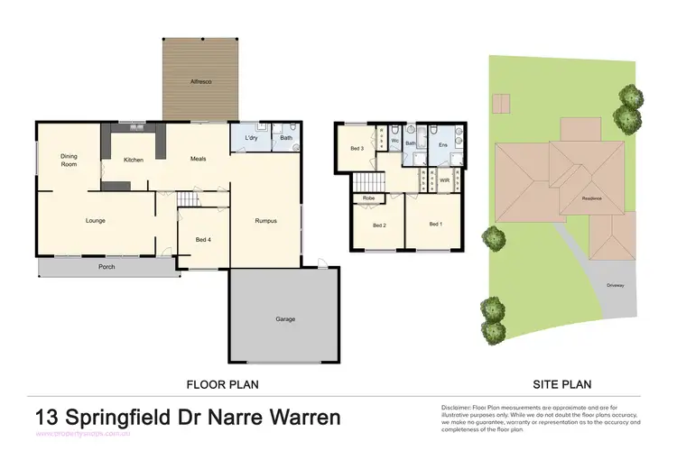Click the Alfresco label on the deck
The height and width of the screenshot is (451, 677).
click(x=200, y=82)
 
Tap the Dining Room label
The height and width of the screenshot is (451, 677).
click(x=70, y=160)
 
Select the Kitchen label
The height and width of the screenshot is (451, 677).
click(x=134, y=160)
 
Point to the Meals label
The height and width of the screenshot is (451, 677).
click(x=199, y=159)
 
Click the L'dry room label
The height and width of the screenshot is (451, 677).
click(x=252, y=138)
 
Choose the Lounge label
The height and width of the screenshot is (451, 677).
click(x=96, y=220)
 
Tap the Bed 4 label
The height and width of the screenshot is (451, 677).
click(x=203, y=239)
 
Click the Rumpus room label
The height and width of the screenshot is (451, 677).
click(x=264, y=221)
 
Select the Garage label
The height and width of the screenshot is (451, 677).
click(x=285, y=318)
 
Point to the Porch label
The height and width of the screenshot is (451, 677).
click(x=107, y=267)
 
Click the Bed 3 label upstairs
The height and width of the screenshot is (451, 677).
click(x=357, y=148)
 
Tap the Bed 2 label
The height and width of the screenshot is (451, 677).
click(x=379, y=225)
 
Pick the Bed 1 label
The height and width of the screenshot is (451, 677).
click(x=436, y=224)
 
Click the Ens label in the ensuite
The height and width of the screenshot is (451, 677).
click(x=442, y=144)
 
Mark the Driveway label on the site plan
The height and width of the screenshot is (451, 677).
click(x=617, y=286)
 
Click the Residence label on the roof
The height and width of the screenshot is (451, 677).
click(x=592, y=198)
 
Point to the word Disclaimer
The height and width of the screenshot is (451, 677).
click(x=459, y=408)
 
